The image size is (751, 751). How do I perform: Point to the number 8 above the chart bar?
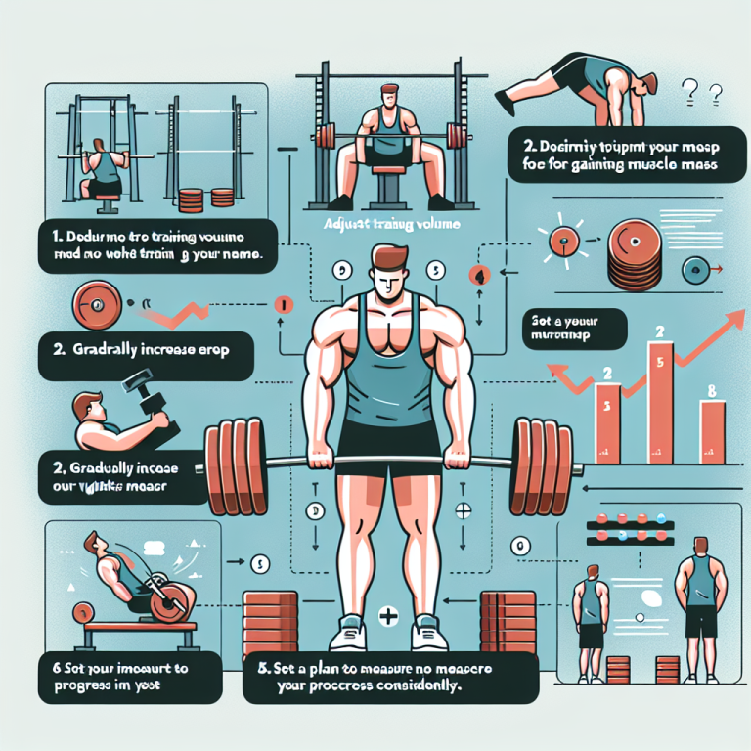[711, 391]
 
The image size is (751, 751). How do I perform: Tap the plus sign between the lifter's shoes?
[385, 618]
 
